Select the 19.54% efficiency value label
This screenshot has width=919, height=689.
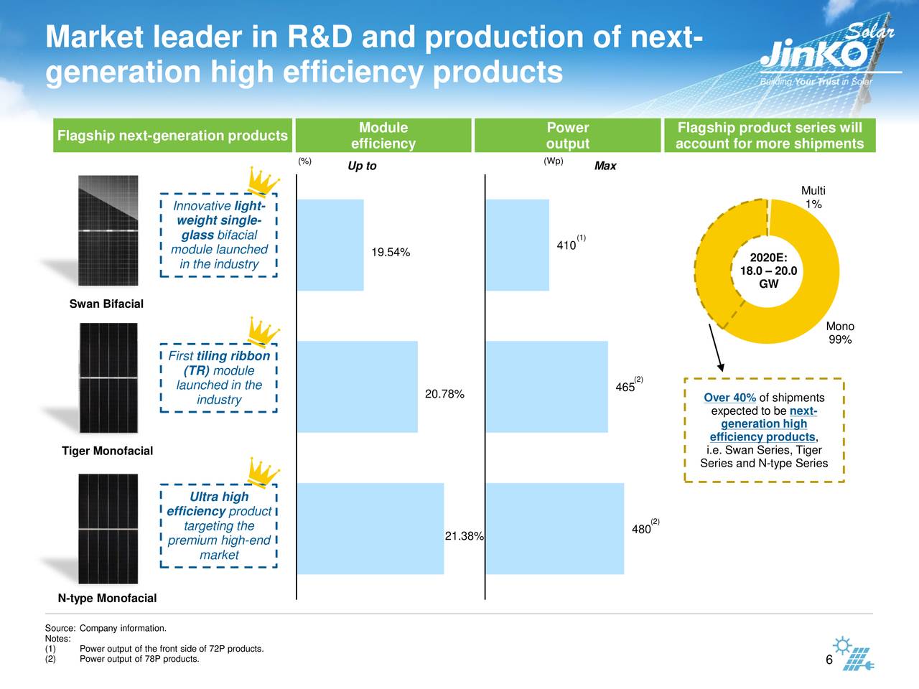point(391,252)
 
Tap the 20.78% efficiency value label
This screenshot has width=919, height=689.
point(444,394)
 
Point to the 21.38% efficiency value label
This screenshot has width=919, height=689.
point(464,536)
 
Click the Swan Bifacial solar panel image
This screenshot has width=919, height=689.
point(108,230)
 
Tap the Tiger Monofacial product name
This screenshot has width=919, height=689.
point(107,451)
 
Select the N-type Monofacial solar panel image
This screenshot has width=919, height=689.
point(108,529)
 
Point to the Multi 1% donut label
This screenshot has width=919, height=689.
point(813,197)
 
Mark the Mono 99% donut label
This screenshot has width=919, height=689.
point(840,332)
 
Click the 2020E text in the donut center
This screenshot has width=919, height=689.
point(768,257)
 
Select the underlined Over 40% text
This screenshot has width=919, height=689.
point(729,398)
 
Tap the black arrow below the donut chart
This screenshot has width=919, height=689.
point(716,347)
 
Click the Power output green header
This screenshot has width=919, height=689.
point(567,135)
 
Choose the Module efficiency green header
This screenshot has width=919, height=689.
point(383,135)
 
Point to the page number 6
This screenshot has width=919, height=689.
point(829,660)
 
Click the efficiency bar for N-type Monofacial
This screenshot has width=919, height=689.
point(370,529)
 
